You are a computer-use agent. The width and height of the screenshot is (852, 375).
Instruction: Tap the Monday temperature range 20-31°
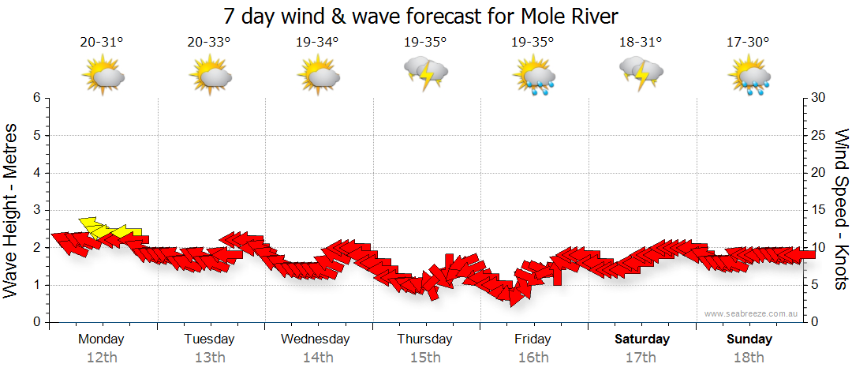(102, 43)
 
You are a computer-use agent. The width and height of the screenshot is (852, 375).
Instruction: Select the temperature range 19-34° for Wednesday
(317, 43)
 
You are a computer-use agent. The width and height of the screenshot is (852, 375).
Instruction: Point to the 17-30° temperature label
(749, 43)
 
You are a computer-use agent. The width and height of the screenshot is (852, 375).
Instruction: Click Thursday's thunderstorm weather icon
(426, 73)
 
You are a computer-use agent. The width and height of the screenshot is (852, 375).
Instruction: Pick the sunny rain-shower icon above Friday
(534, 76)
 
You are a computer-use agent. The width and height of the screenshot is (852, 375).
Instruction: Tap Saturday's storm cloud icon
(641, 73)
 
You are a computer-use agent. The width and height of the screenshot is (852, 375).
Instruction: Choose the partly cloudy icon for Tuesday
(210, 76)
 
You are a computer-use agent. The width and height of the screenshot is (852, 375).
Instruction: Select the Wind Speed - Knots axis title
(840, 209)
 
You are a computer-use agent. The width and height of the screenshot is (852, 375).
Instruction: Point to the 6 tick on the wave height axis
(35, 98)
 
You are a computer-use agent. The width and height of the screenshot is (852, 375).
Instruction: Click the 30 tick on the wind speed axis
(819, 98)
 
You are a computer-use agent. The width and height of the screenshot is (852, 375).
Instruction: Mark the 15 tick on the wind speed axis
(819, 210)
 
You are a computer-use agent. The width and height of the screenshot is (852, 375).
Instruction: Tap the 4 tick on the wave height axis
(35, 173)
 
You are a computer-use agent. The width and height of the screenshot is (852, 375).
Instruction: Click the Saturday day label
(641, 339)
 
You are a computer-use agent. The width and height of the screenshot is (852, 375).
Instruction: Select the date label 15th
(425, 357)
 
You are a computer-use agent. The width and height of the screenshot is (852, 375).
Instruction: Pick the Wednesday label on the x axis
(316, 339)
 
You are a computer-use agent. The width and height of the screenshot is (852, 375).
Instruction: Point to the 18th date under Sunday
(749, 357)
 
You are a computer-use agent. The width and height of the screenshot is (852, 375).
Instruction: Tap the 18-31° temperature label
(641, 43)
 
